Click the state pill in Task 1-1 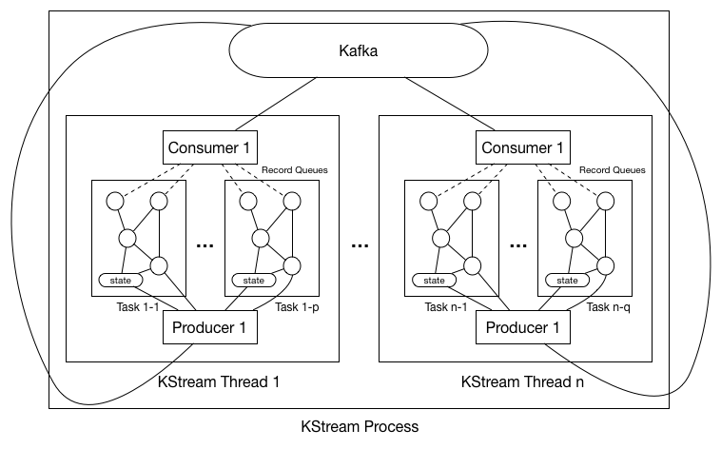point(121,281)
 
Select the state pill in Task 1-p point(254,281)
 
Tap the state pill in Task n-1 point(435,281)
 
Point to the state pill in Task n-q point(568,281)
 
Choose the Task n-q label point(611,306)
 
